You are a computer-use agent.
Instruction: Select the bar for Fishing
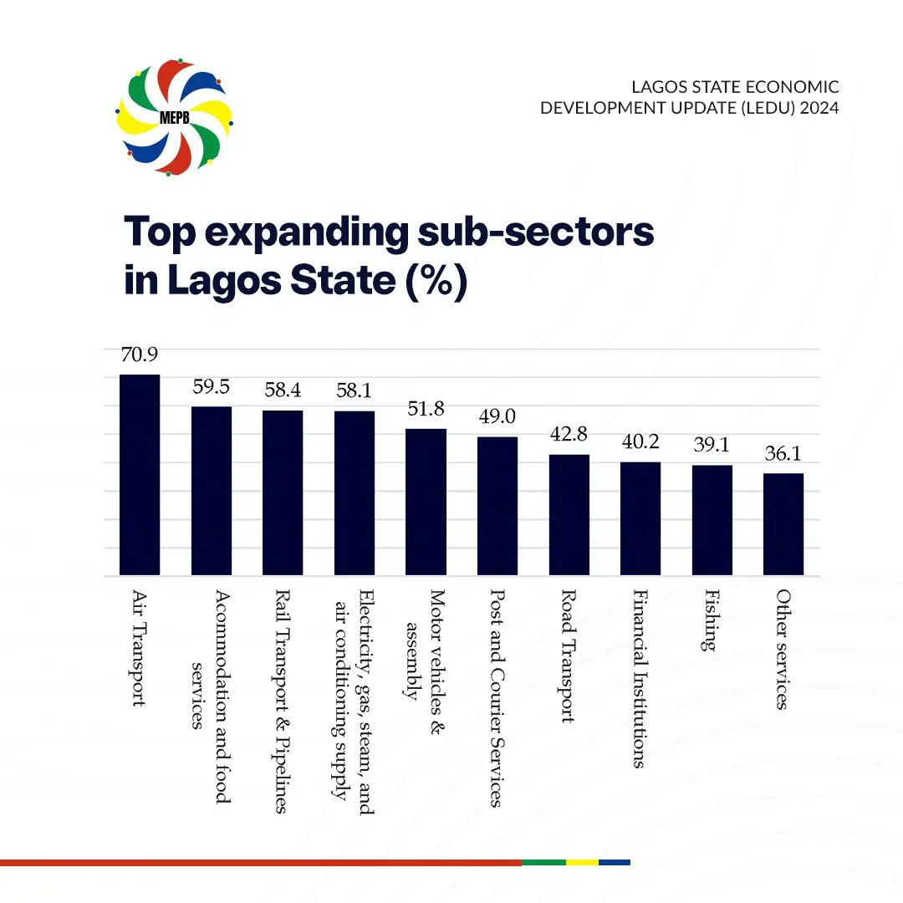pos(712,520)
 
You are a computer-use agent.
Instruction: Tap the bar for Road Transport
pos(569,514)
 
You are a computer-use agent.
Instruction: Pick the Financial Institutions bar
pos(640,518)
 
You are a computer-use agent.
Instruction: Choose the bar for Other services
pos(783,524)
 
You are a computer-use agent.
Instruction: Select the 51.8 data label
pos(426,409)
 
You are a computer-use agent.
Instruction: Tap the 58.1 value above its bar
pos(354,391)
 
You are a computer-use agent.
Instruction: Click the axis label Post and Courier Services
pos(497,698)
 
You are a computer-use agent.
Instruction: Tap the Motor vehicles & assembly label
pos(426,644)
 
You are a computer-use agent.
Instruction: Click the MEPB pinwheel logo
pos(175,116)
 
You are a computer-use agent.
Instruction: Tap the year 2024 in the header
pos(819,108)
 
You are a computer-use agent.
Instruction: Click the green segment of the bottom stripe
pos(543,862)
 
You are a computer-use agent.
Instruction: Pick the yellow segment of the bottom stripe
pos(583,862)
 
